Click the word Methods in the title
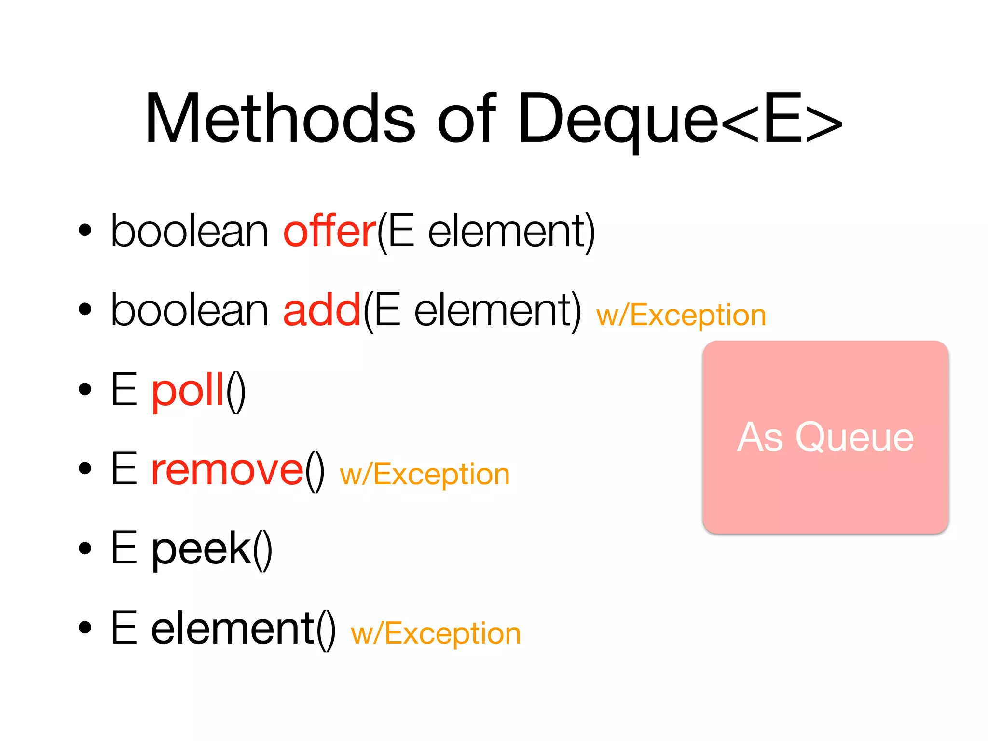pos(280,118)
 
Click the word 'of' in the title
pos(466,118)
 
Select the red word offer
pos(329,232)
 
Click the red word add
pos(322,310)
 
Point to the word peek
pos(202,549)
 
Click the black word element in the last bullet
pos(233,628)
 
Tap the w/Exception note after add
pos(681,316)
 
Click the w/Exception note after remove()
pos(425,475)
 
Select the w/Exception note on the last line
pos(436,633)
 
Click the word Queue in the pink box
pos(854,437)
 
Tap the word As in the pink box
pos(760,437)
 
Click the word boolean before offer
pos(190,232)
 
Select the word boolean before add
pos(190,310)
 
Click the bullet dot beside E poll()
pos(85,389)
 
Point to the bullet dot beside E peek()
pos(85,548)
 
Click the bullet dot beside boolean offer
pos(85,231)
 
